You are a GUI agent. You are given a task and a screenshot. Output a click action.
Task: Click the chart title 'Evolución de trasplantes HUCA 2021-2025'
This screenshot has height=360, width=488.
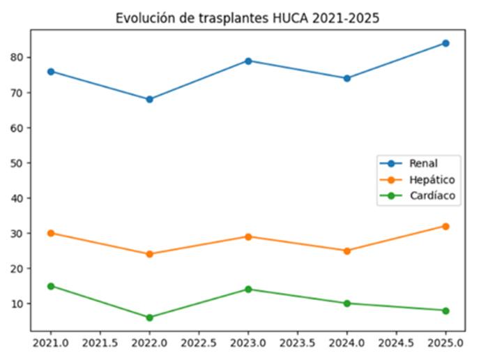(x=247, y=19)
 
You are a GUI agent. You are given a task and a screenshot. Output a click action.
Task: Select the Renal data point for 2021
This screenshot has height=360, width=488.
(x=51, y=71)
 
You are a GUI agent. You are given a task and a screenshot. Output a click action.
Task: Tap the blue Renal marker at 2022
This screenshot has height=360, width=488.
(x=149, y=99)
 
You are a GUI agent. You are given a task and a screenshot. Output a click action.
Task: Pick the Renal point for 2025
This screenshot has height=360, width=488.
(x=445, y=43)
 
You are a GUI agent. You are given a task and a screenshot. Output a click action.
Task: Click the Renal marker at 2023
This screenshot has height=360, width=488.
(x=248, y=61)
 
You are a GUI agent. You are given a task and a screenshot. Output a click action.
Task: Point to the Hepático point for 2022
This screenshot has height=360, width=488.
(x=149, y=254)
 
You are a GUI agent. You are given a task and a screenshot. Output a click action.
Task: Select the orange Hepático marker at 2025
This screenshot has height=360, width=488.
(x=445, y=226)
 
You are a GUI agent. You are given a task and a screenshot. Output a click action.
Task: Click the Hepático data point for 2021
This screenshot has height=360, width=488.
(x=51, y=233)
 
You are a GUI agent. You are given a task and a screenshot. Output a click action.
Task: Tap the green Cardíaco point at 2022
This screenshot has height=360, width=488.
(x=149, y=317)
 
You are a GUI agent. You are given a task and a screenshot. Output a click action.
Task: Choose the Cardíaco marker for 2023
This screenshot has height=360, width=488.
(x=248, y=289)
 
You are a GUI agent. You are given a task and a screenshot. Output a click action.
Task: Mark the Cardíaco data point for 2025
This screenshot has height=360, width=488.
(x=445, y=310)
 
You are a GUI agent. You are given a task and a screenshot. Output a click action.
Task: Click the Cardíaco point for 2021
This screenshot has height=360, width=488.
(x=51, y=286)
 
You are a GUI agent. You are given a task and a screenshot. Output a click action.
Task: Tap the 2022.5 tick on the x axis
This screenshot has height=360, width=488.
(x=199, y=343)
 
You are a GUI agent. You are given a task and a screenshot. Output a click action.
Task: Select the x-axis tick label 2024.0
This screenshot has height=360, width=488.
(x=346, y=343)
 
